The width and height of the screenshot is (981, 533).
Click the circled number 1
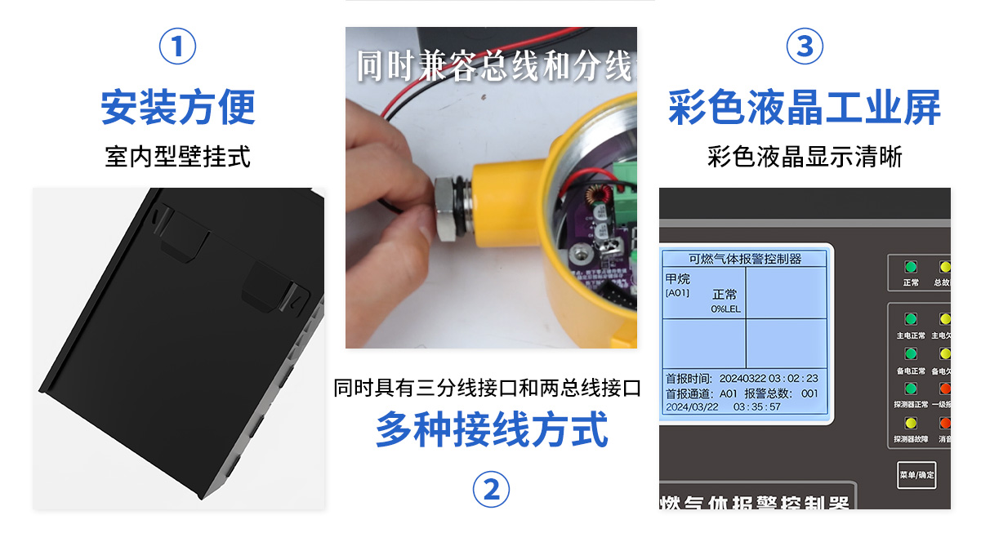pyautogui.click(x=177, y=47)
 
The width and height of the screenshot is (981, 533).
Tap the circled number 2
pyautogui.click(x=491, y=490)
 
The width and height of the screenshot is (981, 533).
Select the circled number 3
pyautogui.click(x=805, y=47)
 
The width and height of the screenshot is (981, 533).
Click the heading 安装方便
pyautogui.click(x=177, y=108)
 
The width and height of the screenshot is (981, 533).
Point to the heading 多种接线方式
pyautogui.click(x=491, y=429)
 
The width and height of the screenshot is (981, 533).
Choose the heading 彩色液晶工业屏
pyautogui.click(x=805, y=108)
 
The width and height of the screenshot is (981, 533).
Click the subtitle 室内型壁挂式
pyautogui.click(x=177, y=156)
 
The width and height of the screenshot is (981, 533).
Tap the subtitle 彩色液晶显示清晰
pyautogui.click(x=805, y=156)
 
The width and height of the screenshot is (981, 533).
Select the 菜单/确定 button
pyautogui.click(x=916, y=474)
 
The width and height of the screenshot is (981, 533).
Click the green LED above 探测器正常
pyautogui.click(x=911, y=389)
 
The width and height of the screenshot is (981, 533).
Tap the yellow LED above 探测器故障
pyautogui.click(x=911, y=423)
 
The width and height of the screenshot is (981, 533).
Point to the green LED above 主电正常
pyautogui.click(x=911, y=318)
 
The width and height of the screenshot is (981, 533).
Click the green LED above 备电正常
pyautogui.click(x=911, y=353)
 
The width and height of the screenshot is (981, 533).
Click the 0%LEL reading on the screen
pyautogui.click(x=725, y=309)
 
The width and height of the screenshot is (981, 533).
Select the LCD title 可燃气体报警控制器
pyautogui.click(x=745, y=259)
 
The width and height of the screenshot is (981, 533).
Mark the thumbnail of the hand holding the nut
pyautogui.click(x=491, y=188)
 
